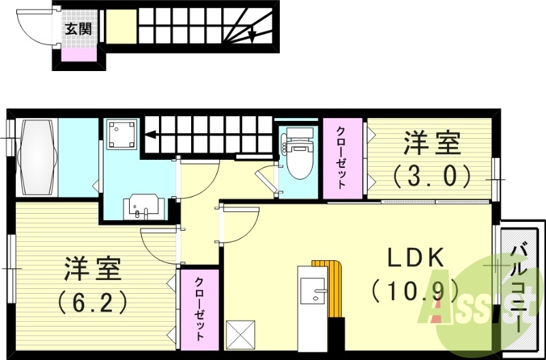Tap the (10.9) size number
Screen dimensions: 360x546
415,291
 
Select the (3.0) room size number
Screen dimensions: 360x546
431,176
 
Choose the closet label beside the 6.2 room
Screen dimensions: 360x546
199,309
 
